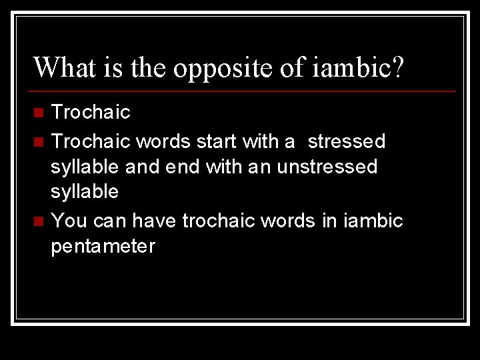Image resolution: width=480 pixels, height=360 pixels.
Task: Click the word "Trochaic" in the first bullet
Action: (x=91, y=112)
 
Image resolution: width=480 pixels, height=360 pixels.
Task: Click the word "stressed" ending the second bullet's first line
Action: (x=346, y=141)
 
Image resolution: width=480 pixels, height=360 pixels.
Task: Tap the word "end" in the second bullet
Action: (x=182, y=167)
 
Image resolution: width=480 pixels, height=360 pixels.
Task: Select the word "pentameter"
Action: (x=103, y=247)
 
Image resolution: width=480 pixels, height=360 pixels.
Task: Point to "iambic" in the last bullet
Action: (x=373, y=220)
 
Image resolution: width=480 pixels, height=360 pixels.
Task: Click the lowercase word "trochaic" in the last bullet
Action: (x=219, y=220)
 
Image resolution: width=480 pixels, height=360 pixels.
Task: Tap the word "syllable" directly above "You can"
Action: (x=85, y=193)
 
